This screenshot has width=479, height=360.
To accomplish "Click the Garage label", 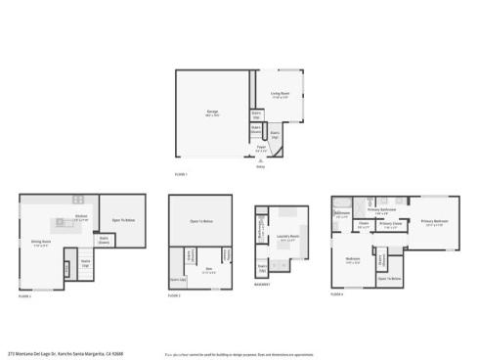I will coord(212,112).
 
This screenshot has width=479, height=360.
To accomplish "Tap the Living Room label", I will coord(281,95).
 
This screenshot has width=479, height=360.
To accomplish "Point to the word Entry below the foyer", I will coord(260,167).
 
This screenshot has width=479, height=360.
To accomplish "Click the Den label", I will coord(208,271).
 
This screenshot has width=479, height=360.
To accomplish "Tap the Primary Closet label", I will coord(390,224).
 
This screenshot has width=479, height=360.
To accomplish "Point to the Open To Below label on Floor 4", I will coord(390,279).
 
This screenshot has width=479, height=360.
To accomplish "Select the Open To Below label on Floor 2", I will coord(123,219).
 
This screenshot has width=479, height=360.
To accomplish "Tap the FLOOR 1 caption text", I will coord(180,174).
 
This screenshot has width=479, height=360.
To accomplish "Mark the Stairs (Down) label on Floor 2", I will coord(103,238).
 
